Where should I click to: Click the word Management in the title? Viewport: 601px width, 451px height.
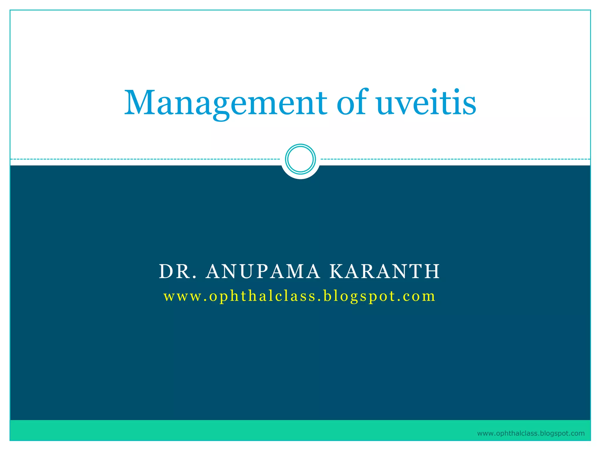click(x=225, y=103)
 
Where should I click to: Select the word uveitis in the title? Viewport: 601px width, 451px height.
click(x=426, y=103)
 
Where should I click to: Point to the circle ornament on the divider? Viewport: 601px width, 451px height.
click(x=300, y=159)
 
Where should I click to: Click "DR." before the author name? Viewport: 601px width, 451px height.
click(x=178, y=271)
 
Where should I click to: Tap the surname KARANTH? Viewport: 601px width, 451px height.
click(x=384, y=271)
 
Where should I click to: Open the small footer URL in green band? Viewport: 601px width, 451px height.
click(x=531, y=433)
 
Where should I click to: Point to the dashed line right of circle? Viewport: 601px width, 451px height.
click(x=455, y=159)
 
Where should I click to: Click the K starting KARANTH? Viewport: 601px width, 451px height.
click(x=336, y=271)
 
